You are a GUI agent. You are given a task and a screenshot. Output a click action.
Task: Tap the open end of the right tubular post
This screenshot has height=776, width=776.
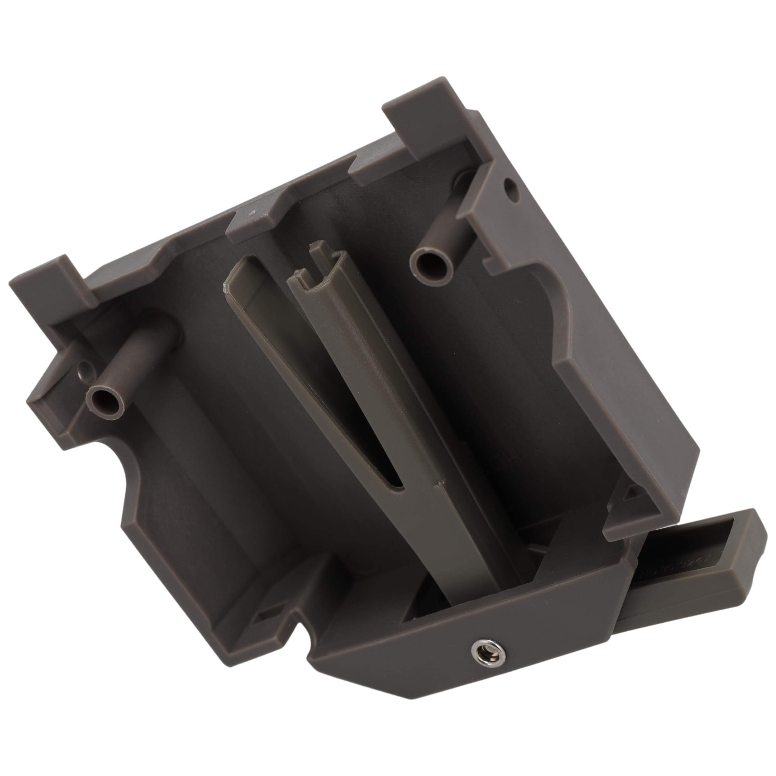tap(430, 263)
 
